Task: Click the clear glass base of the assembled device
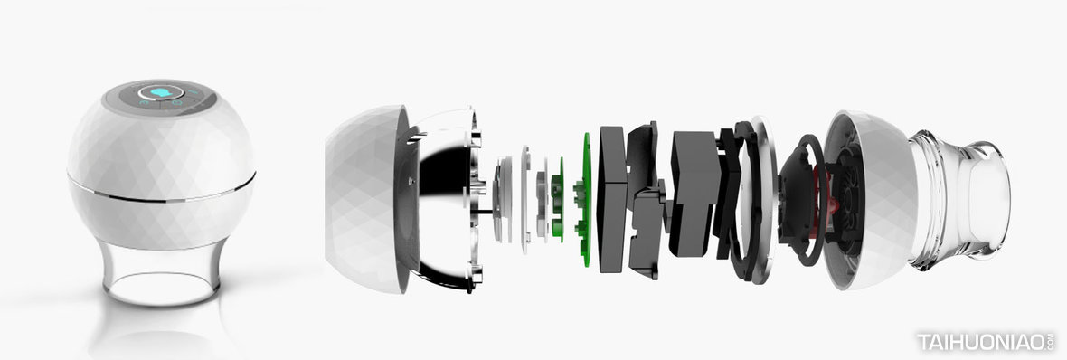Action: pyautogui.click(x=162, y=272)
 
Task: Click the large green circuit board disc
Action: pyautogui.click(x=585, y=199)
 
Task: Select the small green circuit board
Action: pyautogui.click(x=558, y=199)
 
